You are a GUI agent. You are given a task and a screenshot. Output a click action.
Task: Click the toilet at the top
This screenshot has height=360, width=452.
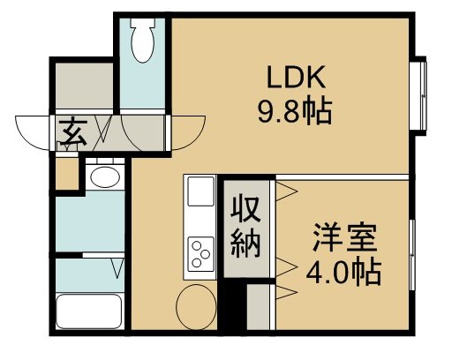[x=140, y=38]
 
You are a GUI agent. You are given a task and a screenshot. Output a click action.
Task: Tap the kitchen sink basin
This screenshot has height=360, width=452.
[x=200, y=192]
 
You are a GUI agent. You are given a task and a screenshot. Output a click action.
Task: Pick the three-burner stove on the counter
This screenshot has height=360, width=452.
[x=200, y=253]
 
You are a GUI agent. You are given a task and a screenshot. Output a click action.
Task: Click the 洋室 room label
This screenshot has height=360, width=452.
[x=345, y=237]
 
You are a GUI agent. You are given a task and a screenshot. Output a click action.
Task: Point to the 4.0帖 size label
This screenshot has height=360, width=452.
[x=345, y=270]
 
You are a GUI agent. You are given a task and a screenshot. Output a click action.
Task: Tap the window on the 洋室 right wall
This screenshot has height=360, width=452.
[x=413, y=251]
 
